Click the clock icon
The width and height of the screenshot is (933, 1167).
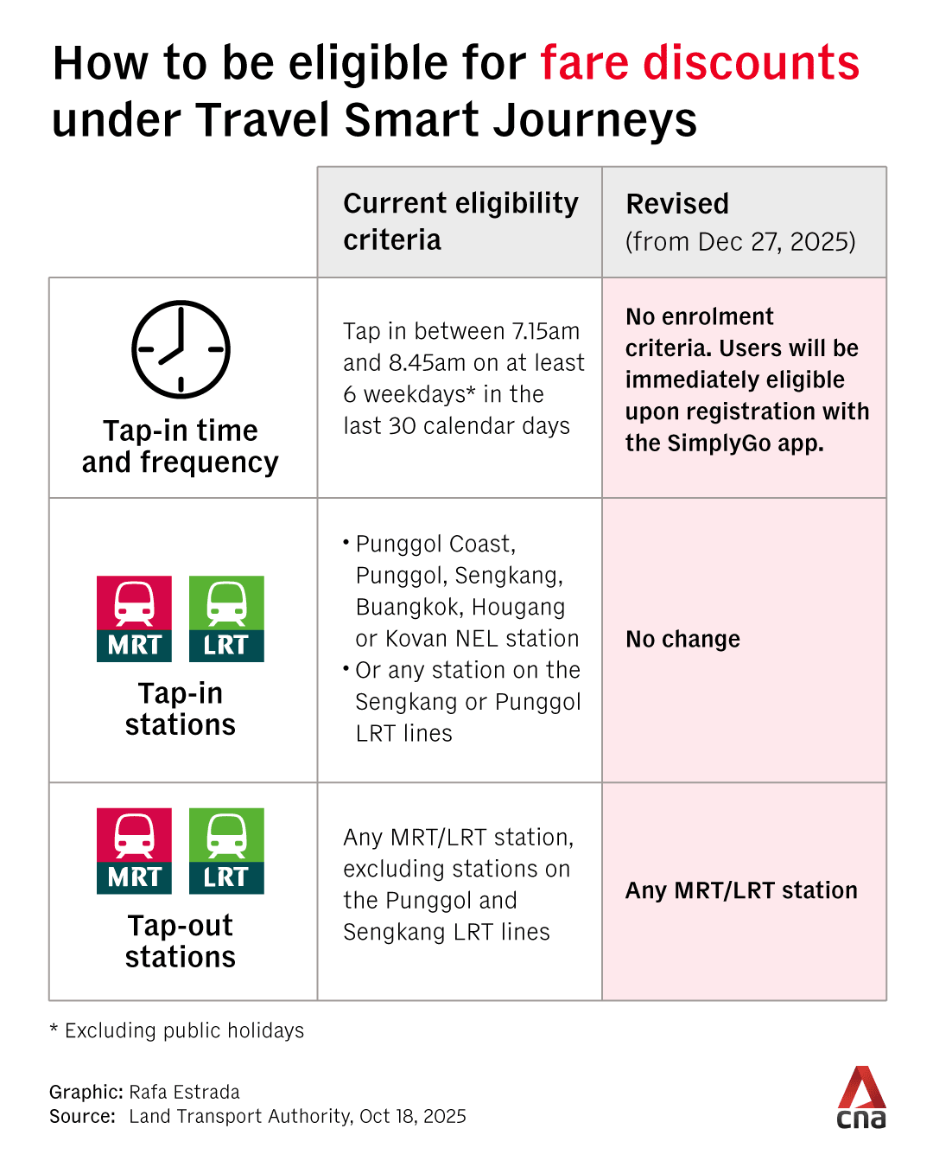(181, 349)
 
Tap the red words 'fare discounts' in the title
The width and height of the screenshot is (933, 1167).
(700, 62)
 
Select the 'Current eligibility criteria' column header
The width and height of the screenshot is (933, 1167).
(460, 221)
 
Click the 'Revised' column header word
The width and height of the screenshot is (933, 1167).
(677, 204)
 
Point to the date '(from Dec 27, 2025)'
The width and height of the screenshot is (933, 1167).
(740, 242)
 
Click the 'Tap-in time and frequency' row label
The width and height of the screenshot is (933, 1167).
(181, 446)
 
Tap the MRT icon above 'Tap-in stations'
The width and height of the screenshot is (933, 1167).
(134, 619)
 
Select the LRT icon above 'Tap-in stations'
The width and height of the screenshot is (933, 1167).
(226, 619)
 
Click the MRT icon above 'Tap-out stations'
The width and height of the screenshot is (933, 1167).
(134, 851)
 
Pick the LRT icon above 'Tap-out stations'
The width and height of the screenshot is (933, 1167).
(226, 851)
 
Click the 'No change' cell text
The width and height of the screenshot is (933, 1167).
(682, 639)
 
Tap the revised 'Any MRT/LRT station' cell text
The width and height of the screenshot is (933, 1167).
(741, 890)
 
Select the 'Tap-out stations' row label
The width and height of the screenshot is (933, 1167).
(181, 941)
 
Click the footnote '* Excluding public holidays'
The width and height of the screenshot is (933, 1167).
(177, 1030)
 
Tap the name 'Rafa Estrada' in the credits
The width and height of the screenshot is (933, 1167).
(184, 1092)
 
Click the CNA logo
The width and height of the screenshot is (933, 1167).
(861, 1098)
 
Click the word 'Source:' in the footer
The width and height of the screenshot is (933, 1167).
(82, 1116)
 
